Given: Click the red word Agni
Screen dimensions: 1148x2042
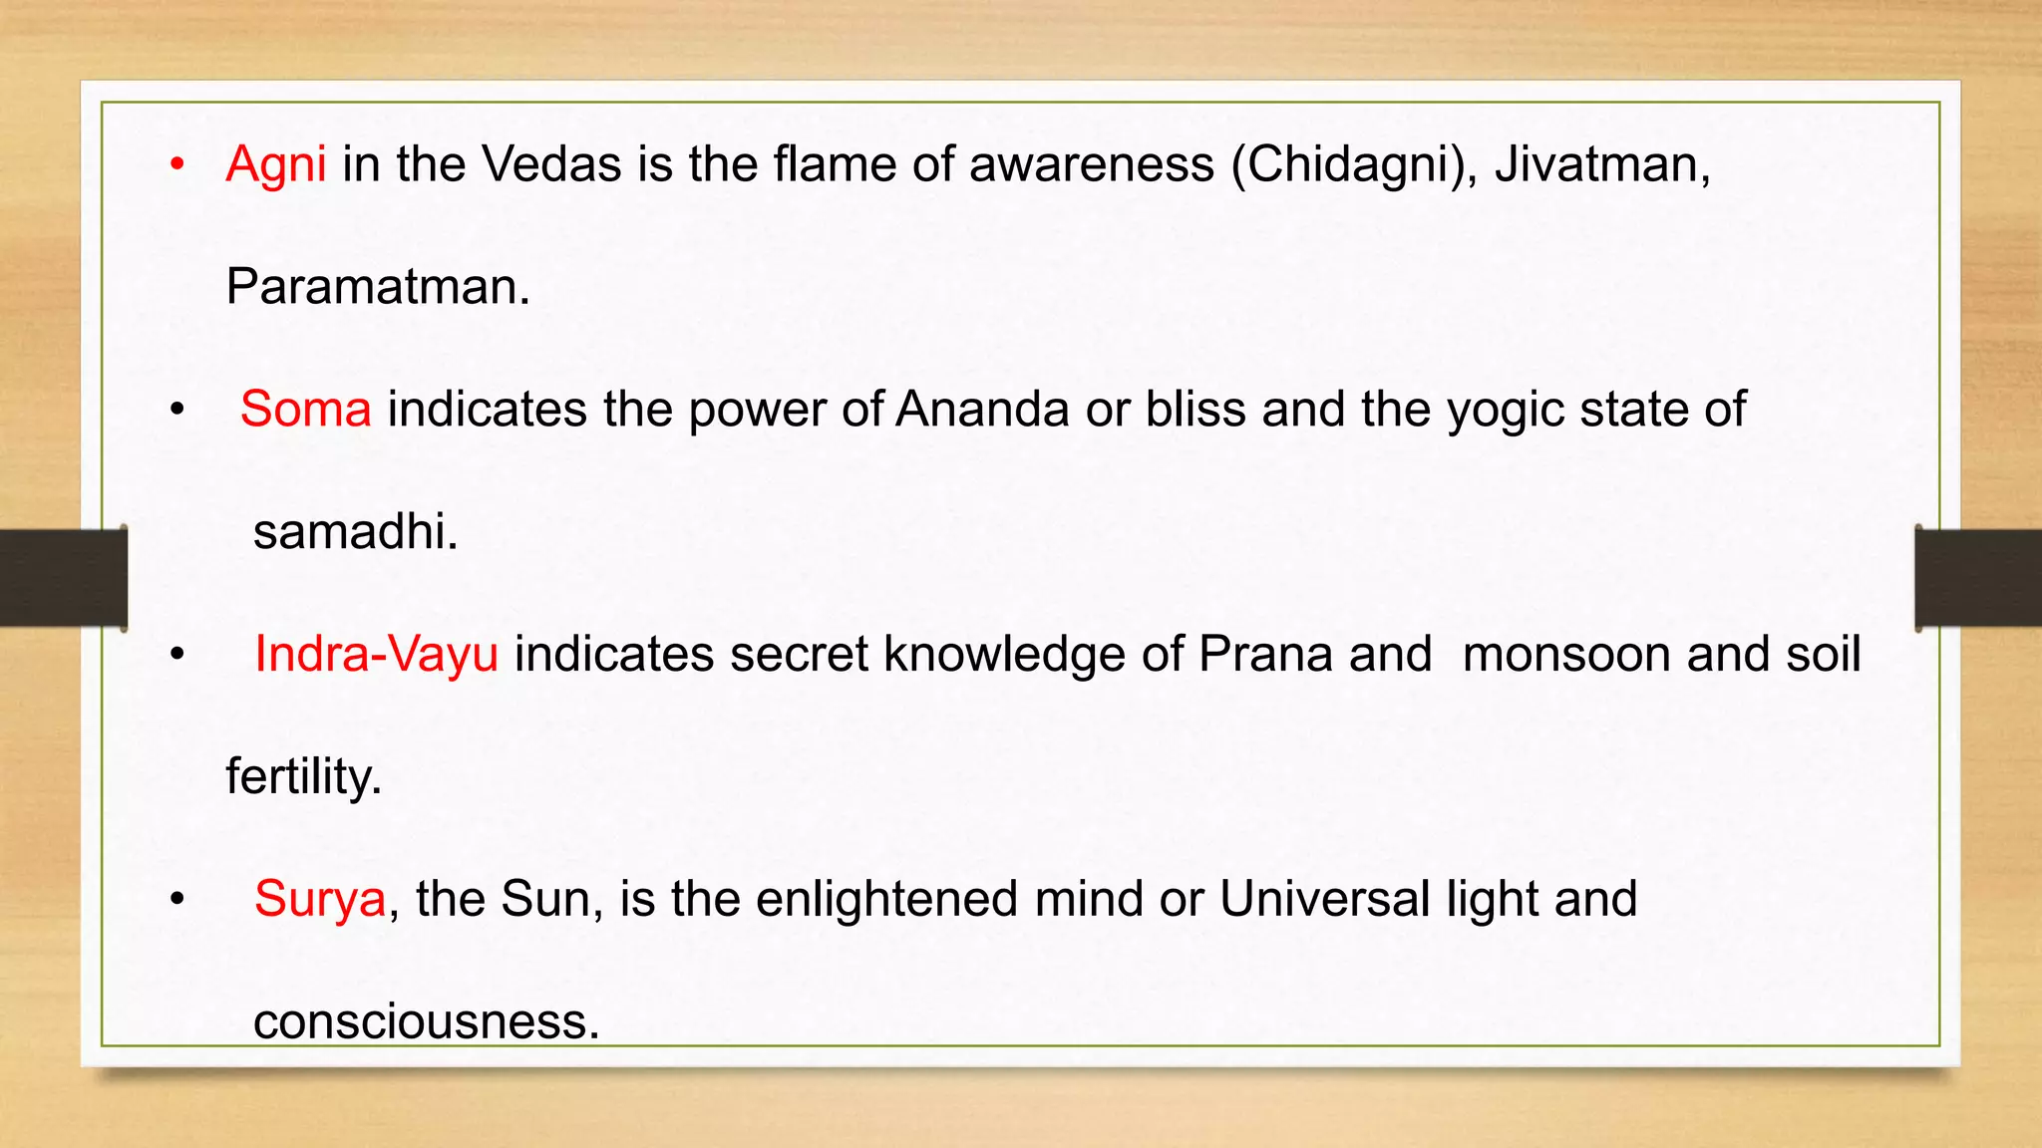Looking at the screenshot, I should tap(276, 164).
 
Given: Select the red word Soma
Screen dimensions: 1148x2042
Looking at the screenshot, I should tap(305, 410).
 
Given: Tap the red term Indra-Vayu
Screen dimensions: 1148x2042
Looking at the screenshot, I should tap(376, 655).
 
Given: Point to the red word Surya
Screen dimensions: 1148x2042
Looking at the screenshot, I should tap(319, 899).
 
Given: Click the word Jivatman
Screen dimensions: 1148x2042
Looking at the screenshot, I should tap(1601, 164).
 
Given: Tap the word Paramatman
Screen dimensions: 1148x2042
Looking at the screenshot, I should tap(377, 287).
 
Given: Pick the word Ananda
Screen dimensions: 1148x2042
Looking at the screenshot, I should tap(982, 410).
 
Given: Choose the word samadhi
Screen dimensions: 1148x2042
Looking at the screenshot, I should tap(355, 532).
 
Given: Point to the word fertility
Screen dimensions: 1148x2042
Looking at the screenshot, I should tap(304, 777).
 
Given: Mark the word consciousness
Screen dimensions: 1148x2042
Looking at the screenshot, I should tap(426, 1021).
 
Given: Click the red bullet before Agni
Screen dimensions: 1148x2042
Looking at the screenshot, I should tap(177, 164).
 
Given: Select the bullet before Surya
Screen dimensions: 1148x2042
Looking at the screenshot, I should tap(177, 899).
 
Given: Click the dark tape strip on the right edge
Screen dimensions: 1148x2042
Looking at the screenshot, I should tap(1978, 578).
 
